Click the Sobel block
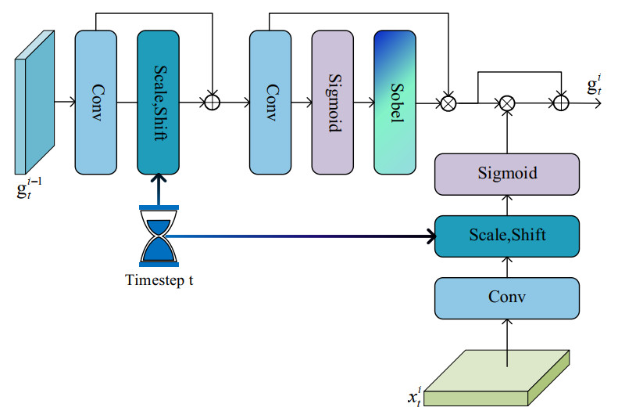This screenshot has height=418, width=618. pyautogui.click(x=395, y=102)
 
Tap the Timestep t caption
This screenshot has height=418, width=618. pyautogui.click(x=159, y=279)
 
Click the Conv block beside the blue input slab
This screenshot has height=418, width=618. pyautogui.click(x=96, y=102)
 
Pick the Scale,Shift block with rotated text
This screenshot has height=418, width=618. pyautogui.click(x=159, y=102)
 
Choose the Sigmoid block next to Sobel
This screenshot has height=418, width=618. pyautogui.click(x=333, y=102)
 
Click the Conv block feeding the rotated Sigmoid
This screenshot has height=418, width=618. pyautogui.click(x=270, y=102)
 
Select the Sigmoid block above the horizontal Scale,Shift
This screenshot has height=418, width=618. pyautogui.click(x=507, y=173)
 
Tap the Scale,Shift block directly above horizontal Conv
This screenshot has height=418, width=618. pyautogui.click(x=507, y=234)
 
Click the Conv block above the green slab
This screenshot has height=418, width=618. pyautogui.click(x=507, y=297)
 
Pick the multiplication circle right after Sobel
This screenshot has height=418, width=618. pyautogui.click(x=448, y=103)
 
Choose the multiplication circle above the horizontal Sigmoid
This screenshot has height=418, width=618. pyautogui.click(x=508, y=103)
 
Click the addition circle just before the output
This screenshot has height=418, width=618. pyautogui.click(x=560, y=103)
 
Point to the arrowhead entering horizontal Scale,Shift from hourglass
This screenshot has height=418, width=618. pyautogui.click(x=430, y=235)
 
